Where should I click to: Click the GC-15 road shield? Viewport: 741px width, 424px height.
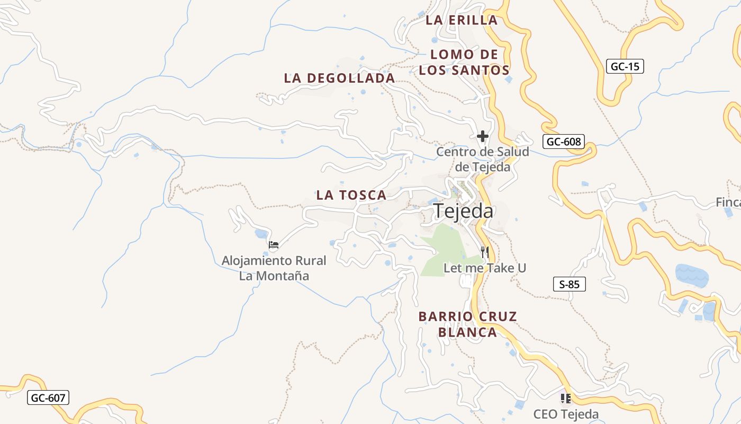tap(625, 66)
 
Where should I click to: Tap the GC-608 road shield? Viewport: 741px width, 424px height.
tap(564, 142)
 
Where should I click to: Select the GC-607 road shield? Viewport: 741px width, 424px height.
tap(48, 397)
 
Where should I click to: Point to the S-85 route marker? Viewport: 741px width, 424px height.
tap(570, 284)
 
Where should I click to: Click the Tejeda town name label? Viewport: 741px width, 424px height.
tap(464, 211)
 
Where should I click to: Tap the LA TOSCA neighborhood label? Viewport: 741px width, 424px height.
tap(351, 195)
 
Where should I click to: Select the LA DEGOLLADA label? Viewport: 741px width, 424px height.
tap(339, 78)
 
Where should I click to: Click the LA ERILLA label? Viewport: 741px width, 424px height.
tap(462, 20)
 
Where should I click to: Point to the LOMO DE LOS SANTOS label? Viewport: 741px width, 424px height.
tap(464, 62)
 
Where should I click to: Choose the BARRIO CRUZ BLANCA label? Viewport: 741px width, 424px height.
tap(467, 324)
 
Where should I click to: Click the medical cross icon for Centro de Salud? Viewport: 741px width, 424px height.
tap(482, 136)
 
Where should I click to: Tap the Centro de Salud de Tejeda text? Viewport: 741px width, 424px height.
tap(482, 160)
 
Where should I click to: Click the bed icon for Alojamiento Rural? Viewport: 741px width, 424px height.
tap(274, 244)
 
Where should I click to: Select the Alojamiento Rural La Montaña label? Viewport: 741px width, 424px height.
tap(274, 268)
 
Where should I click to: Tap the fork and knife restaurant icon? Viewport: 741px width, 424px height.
tap(484, 251)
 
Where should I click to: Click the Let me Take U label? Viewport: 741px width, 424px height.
tap(485, 268)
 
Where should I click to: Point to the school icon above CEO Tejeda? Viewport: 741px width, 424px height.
tap(565, 398)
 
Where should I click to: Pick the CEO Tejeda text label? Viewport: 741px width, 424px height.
tap(566, 414)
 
